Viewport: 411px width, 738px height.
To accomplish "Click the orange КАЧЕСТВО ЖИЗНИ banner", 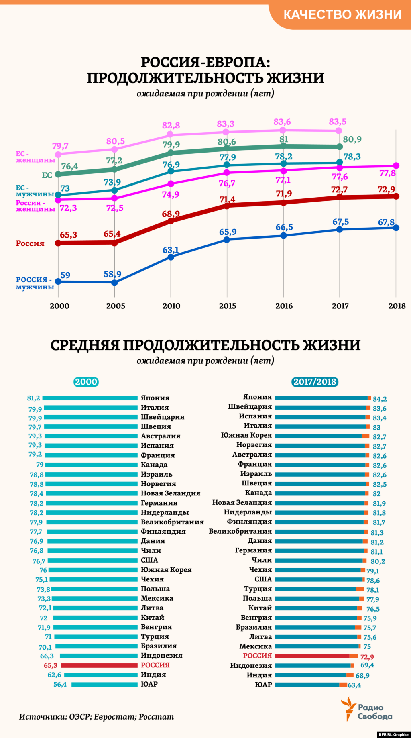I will pos(342,15).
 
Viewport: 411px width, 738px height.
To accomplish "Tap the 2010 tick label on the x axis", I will pos(171,306).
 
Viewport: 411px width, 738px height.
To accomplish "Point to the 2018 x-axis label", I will pos(397,306).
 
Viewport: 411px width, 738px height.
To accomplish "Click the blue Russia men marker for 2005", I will pos(114,283).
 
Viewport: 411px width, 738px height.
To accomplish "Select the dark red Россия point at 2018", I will pos(396,196).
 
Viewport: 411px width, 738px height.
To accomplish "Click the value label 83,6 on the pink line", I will pos(282,122).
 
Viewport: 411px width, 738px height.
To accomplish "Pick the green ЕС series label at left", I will pos(47,175).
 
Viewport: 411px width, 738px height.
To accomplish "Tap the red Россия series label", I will pos(30,243).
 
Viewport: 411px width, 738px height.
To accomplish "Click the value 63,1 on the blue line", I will pos(170,250).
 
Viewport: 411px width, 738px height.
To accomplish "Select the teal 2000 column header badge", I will pos(86,382).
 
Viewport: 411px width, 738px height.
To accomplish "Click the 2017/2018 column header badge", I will pos(315,382).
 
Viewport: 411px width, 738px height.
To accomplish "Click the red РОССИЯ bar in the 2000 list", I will pos(99,665).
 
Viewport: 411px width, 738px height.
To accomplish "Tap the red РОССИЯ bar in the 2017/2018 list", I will pos(312,656).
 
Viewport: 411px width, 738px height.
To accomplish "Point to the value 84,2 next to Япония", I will pos(380,399).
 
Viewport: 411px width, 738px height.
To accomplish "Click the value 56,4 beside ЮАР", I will pos(60,684).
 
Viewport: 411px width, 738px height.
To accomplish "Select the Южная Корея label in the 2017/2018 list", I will pos(246,435).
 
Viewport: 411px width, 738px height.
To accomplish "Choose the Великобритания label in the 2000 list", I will pos(172,522).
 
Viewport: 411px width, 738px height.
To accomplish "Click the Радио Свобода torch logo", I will pos(348,709).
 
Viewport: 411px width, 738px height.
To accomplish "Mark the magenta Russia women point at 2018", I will pos(396,165).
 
